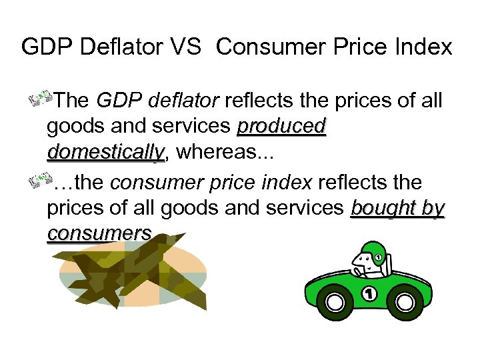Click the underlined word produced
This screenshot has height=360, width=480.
282,126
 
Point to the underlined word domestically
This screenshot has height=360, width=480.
105,152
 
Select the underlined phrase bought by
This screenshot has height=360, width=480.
397,207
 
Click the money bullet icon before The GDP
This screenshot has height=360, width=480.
43,100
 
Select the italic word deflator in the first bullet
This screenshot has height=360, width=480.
187,101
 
